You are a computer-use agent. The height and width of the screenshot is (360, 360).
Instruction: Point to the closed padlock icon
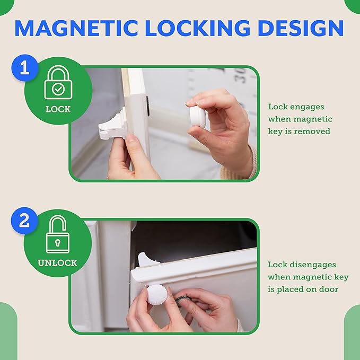(58, 85)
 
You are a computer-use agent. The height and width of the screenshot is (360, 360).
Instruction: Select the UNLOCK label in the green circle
(57, 262)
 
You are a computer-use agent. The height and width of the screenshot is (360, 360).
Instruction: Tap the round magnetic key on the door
(157, 294)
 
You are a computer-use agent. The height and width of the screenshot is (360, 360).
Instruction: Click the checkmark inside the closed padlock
(58, 90)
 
